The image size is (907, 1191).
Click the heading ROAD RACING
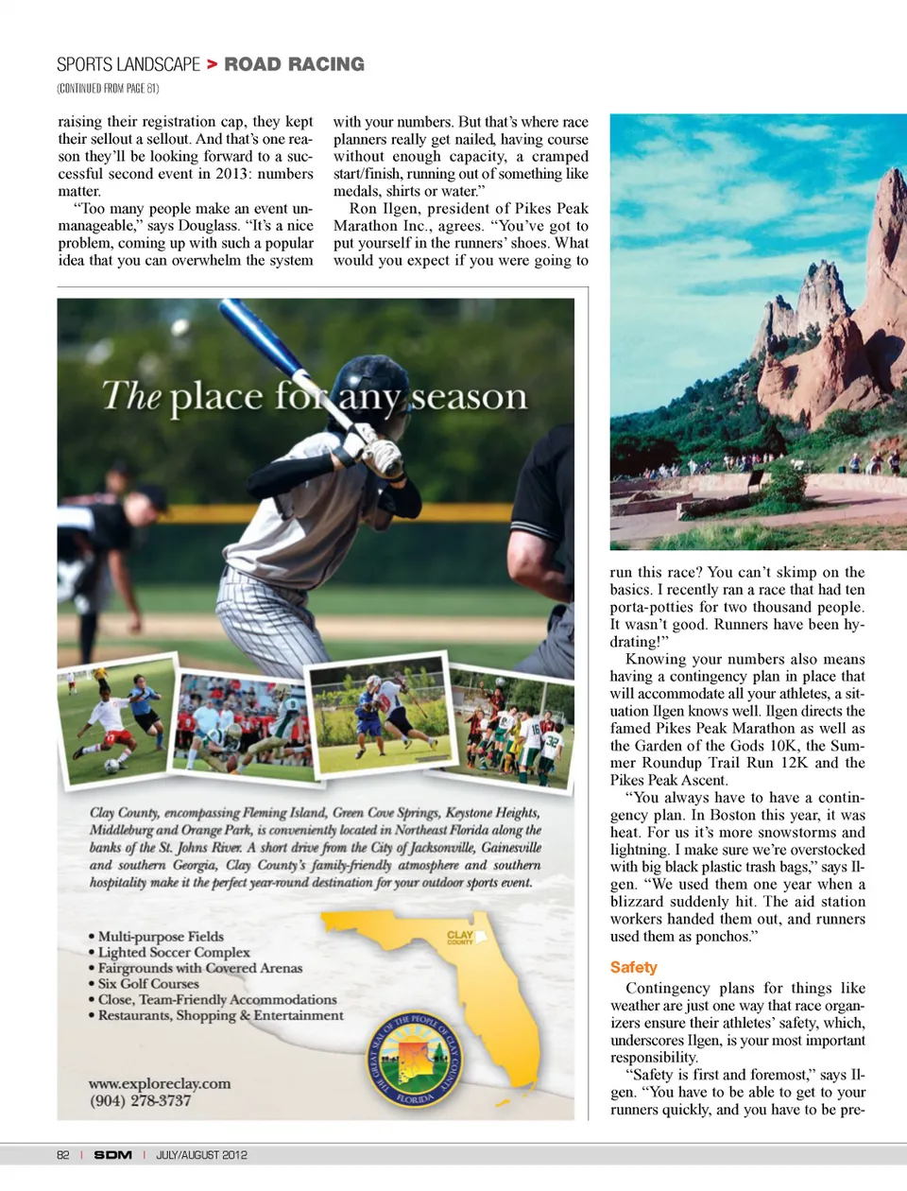point(294,64)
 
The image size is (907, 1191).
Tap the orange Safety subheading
point(633,967)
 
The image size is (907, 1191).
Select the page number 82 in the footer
point(63,1155)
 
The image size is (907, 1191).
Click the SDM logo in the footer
point(112,1155)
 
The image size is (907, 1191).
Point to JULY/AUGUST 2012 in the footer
point(201,1155)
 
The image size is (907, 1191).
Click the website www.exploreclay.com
point(160,1083)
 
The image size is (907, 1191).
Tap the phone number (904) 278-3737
point(140,1101)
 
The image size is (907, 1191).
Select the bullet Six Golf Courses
point(148,984)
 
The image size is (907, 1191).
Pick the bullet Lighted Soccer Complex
point(174,953)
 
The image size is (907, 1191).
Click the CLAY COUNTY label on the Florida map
point(460,937)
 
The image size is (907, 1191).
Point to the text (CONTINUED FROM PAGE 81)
point(108,89)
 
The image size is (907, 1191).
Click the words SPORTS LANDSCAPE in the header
point(128,64)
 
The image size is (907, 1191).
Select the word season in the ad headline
point(469,396)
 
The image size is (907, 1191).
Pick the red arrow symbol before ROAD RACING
point(213,64)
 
